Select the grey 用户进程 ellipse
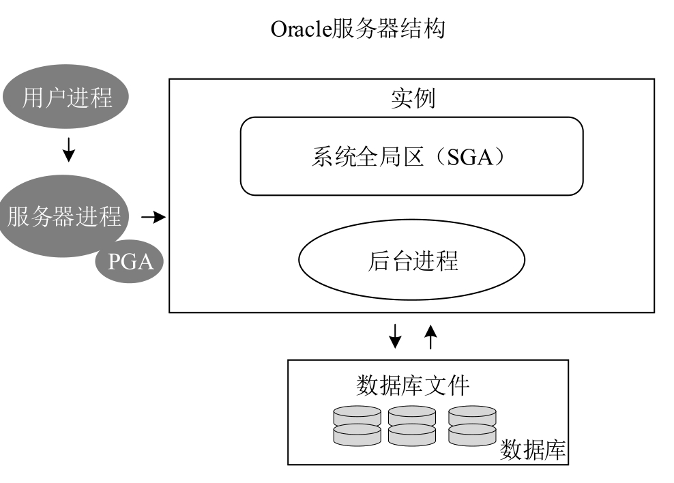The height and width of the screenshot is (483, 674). point(67,98)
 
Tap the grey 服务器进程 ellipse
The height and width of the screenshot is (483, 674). point(64,216)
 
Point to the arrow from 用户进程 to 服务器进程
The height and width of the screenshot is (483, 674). point(68,150)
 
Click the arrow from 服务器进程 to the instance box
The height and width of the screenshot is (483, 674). point(154,218)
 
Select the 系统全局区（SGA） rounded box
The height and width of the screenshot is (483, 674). point(411,156)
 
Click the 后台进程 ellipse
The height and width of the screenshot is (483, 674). point(411,261)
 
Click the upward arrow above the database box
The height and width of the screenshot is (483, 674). point(430,336)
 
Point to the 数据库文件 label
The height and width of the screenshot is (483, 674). point(413,385)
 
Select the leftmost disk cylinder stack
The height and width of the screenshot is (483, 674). point(357,426)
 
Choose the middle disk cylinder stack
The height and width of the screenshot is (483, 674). point(411,426)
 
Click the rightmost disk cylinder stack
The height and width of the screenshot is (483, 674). point(471,426)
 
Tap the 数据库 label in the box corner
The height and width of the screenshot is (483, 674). point(533,450)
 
